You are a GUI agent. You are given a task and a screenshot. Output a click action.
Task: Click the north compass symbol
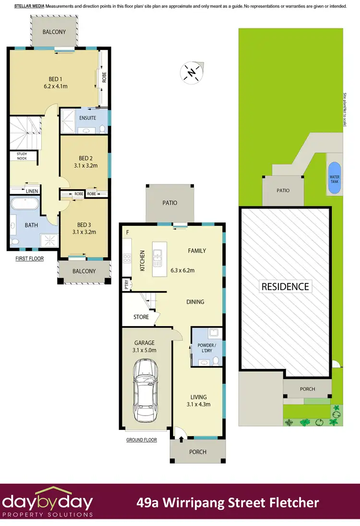[x=192, y=73]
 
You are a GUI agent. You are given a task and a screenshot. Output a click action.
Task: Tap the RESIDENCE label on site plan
[x=285, y=287]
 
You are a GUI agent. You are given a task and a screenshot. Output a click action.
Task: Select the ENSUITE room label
[x=87, y=118]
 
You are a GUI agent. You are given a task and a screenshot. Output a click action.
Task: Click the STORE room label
[x=141, y=317]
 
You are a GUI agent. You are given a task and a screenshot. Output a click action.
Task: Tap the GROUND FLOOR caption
[x=142, y=440]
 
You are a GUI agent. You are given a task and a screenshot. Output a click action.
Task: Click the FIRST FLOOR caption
[x=29, y=258]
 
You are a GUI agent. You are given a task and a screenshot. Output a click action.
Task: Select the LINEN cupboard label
[x=32, y=191]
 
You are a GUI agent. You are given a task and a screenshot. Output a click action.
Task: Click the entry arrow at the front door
[x=181, y=438]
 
